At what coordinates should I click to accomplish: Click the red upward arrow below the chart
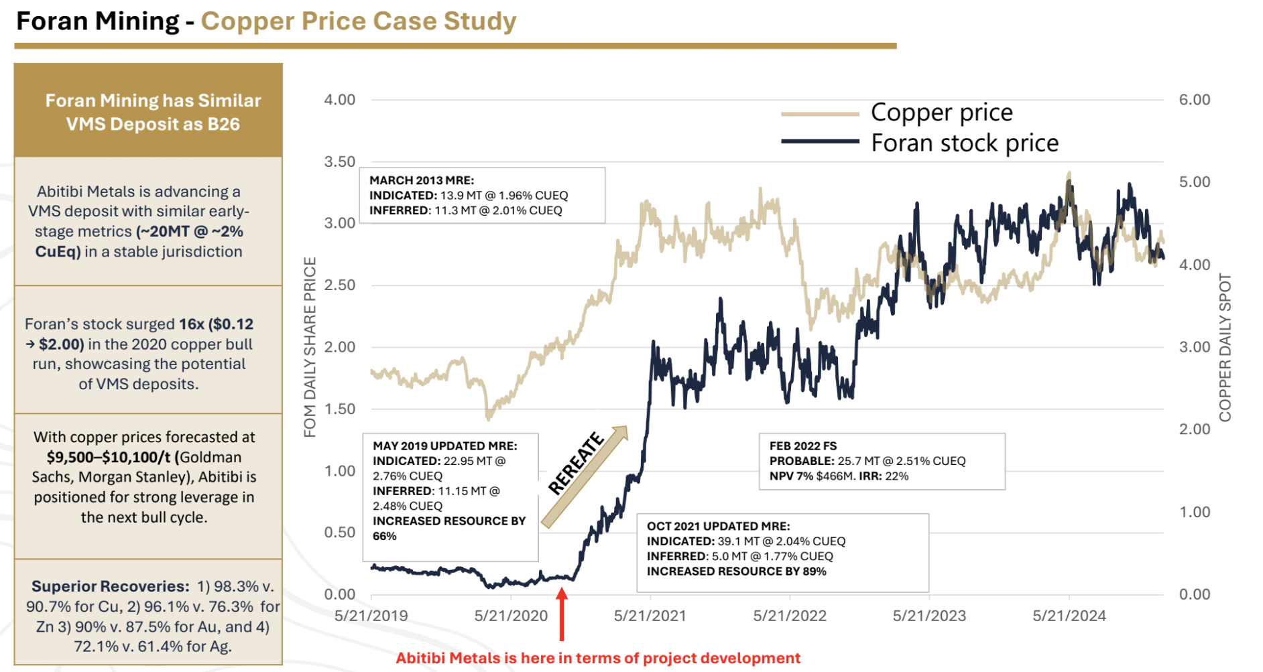(562, 614)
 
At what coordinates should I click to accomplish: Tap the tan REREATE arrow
(583, 477)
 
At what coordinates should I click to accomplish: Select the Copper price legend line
(819, 114)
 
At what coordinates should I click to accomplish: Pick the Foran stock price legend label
(964, 143)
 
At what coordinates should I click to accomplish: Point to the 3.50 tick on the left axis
(339, 161)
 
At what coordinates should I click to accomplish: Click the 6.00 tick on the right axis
(1194, 100)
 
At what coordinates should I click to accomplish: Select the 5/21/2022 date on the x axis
(790, 616)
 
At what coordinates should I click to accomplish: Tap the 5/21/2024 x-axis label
(1069, 616)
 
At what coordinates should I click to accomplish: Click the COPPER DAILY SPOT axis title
(1225, 348)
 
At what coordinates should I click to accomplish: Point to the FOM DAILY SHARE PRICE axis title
(310, 347)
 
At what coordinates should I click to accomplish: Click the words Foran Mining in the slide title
(97, 21)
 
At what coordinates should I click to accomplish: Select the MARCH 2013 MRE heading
(422, 180)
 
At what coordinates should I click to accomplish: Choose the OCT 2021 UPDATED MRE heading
(718, 526)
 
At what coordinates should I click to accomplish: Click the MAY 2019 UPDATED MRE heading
(444, 446)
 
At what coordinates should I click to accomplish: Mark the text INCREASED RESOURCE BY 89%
(736, 572)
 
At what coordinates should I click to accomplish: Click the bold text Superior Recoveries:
(111, 586)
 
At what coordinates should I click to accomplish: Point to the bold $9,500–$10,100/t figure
(109, 457)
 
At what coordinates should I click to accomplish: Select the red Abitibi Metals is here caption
(598, 658)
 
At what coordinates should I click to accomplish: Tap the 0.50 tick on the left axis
(339, 533)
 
